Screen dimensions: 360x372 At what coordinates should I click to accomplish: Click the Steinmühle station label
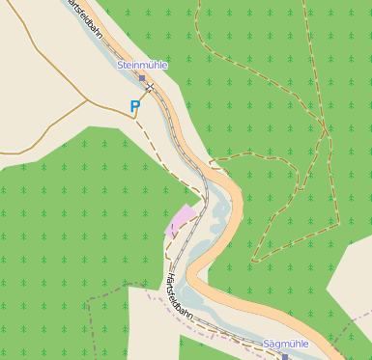[x=141, y=65]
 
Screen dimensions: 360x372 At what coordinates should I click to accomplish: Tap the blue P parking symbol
[x=135, y=107]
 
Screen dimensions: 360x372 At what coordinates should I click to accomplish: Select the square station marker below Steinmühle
[x=142, y=77]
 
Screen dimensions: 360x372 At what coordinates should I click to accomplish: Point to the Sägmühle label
[x=285, y=343]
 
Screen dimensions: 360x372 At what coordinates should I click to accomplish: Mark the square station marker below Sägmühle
[x=286, y=355]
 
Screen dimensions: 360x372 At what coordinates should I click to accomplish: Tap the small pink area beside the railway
[x=182, y=220]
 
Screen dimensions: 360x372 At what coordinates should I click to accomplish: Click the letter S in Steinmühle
[x=119, y=65]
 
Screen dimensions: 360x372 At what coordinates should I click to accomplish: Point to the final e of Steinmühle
[x=164, y=65]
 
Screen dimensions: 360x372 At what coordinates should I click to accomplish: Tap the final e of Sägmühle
[x=305, y=343]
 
